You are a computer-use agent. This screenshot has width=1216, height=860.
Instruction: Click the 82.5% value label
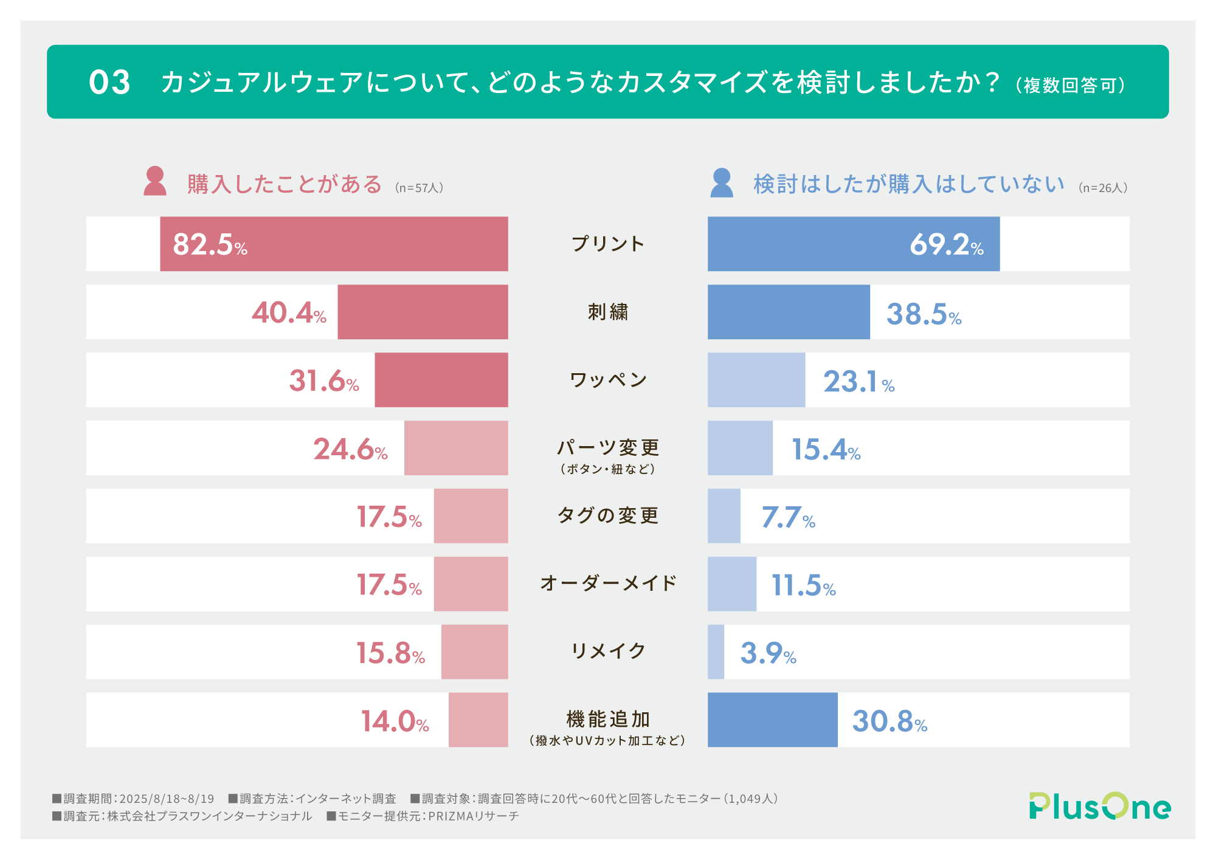coord(210,244)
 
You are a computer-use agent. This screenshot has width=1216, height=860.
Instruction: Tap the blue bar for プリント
coord(853,244)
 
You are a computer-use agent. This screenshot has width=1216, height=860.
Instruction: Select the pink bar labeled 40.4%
coord(423,312)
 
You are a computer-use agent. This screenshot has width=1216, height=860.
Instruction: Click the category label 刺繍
coord(607,312)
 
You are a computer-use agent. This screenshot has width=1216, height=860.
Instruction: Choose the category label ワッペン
coord(607,380)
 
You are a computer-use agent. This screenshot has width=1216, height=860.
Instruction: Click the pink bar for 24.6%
coord(456,448)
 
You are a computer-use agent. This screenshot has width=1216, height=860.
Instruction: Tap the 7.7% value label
coord(788,518)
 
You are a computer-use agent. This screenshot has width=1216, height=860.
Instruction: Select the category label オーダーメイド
coord(607,583)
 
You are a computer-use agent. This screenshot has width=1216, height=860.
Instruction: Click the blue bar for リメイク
coord(716,652)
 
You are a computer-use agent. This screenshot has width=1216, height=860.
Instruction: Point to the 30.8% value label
coord(890,721)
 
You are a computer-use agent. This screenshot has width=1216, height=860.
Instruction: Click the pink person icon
coord(155,181)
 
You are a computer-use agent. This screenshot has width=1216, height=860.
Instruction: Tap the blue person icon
coord(722,182)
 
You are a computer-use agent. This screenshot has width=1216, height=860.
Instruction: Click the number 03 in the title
coord(109,82)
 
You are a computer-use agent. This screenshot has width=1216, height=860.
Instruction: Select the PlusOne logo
coord(1099,806)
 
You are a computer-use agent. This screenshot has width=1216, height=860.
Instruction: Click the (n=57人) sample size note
coord(419,188)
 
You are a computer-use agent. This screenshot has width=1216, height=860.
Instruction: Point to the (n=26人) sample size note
coord(1103,188)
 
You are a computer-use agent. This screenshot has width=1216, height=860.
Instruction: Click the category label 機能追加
coord(607,720)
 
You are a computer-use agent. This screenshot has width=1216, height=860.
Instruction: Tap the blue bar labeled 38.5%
coord(789,312)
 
